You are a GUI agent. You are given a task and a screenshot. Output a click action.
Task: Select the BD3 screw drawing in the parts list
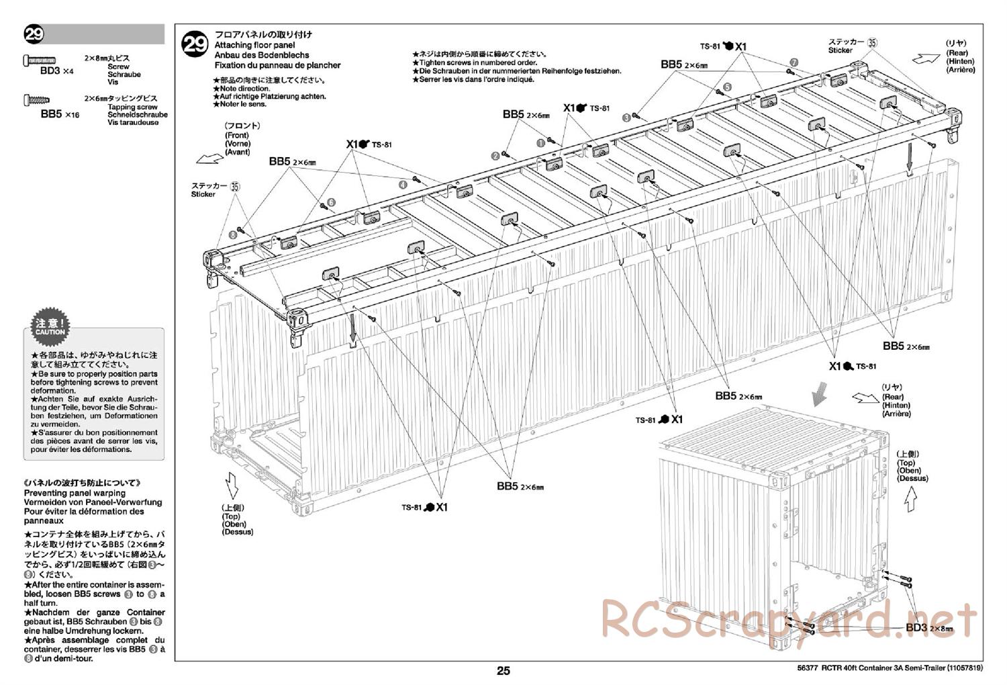pyautogui.click(x=40, y=60)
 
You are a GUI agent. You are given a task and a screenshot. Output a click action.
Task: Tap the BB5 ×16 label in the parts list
pyautogui.click(x=60, y=114)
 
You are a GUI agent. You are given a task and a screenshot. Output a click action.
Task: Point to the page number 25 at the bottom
pyautogui.click(x=503, y=671)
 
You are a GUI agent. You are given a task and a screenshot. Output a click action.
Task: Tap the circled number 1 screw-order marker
pyautogui.click(x=541, y=142)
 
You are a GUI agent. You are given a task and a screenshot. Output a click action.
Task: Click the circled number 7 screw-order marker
pyautogui.click(x=794, y=62)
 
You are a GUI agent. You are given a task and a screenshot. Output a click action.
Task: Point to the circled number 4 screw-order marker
pyautogui.click(x=403, y=183)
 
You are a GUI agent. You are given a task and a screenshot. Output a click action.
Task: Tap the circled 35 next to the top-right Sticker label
pyautogui.click(x=872, y=42)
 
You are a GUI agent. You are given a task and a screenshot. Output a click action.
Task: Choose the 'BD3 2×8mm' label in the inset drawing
pyautogui.click(x=929, y=628)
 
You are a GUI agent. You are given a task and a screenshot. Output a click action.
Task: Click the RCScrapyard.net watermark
pyautogui.click(x=789, y=619)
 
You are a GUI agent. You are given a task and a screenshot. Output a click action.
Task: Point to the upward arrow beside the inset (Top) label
pyautogui.click(x=910, y=500)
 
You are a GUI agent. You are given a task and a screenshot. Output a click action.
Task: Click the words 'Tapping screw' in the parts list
pyautogui.click(x=132, y=107)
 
